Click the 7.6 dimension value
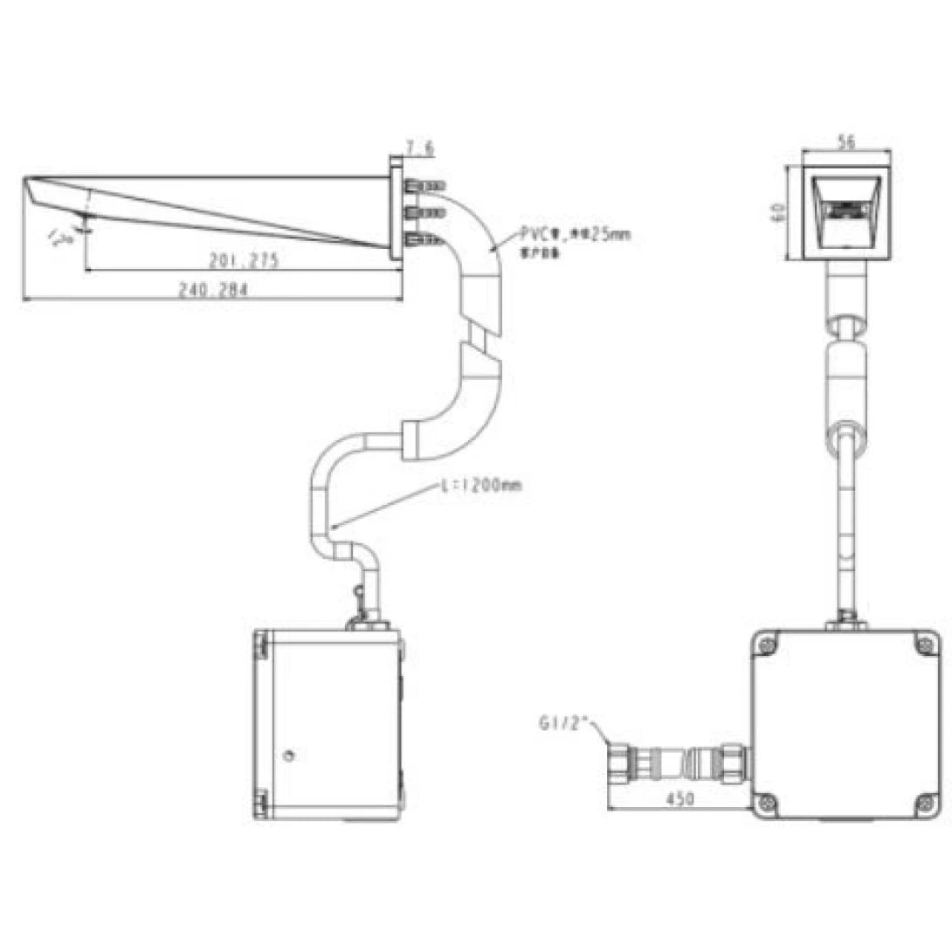click(419, 148)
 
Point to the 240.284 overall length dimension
click(212, 292)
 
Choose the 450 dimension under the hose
click(680, 797)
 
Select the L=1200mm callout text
click(482, 486)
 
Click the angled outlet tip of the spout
click(36, 194)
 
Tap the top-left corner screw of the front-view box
click(768, 645)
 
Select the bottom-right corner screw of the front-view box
click(925, 803)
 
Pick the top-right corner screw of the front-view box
click(925, 645)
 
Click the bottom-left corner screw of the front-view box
click(768, 803)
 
